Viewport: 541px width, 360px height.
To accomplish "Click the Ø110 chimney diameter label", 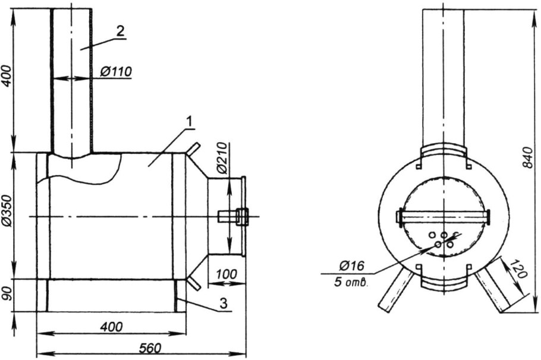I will (116, 72).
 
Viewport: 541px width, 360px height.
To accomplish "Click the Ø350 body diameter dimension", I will (7, 216).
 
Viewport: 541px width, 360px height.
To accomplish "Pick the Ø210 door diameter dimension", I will (221, 159).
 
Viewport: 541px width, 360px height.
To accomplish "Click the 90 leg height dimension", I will (7, 295).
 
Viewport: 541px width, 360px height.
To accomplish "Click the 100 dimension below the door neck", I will (227, 274).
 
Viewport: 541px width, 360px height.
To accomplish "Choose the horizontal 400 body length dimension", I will (111, 327).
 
